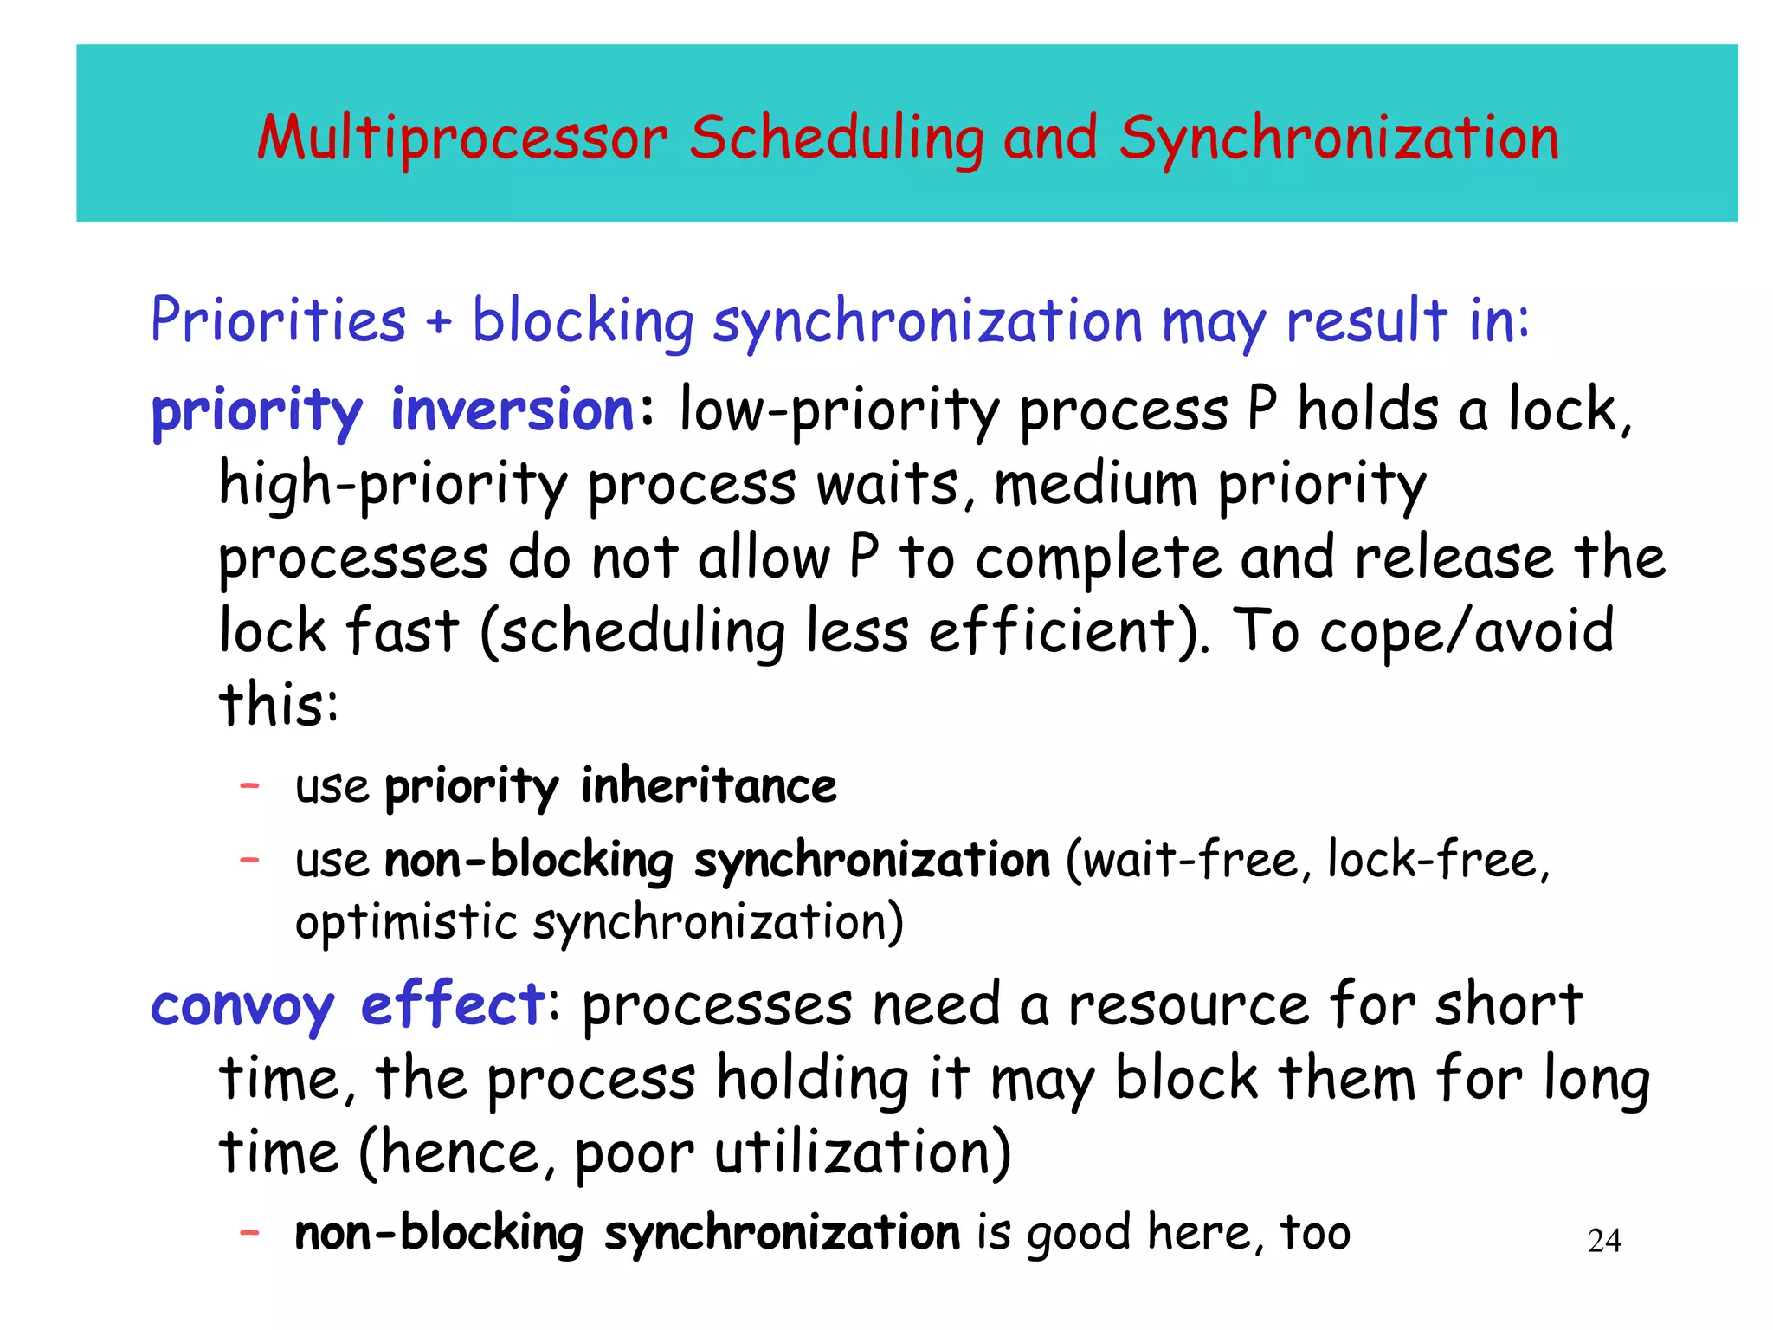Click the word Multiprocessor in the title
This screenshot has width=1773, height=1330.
coord(462,139)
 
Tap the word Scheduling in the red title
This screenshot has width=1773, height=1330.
coord(836,140)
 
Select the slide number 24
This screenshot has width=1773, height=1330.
coord(1604,1241)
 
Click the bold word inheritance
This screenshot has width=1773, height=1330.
coord(708,786)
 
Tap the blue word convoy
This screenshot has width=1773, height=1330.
coord(242,1007)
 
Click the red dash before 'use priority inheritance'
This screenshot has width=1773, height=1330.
coord(249,785)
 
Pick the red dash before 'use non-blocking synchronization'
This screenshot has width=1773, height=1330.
coord(249,860)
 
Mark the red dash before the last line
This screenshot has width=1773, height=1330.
coord(249,1231)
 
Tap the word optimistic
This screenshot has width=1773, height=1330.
coord(406,923)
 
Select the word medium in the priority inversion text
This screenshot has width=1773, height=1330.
coord(1095,484)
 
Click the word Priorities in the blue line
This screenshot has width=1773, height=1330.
coord(278,320)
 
